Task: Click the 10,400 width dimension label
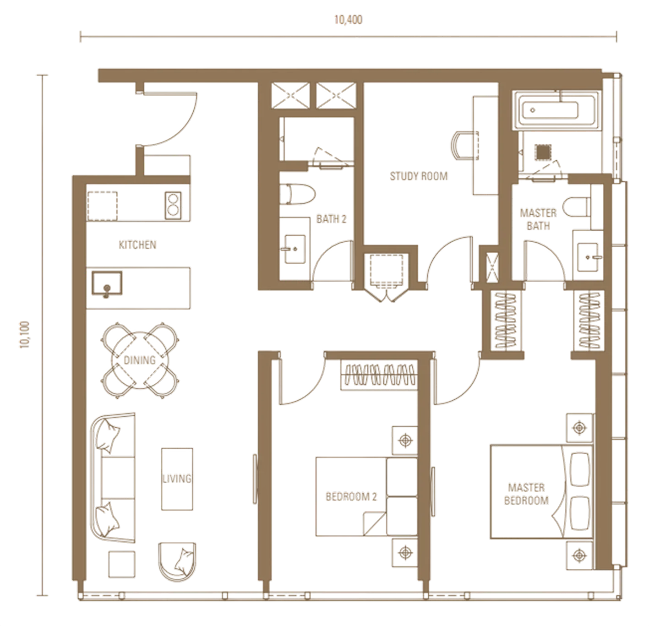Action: [348, 20]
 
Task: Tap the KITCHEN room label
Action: [137, 245]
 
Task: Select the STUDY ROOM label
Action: [419, 176]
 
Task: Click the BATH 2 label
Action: [331, 219]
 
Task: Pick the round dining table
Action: [140, 360]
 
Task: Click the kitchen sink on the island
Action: [107, 283]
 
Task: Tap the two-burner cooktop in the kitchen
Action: [173, 206]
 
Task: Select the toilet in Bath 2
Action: [297, 194]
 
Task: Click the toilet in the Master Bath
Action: [577, 207]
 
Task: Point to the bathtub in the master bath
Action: [557, 110]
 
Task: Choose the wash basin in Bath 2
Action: [295, 249]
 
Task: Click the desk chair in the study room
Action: [464, 146]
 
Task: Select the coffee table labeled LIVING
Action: [177, 479]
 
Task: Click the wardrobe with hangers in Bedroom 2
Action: [379, 375]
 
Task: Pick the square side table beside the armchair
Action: [122, 564]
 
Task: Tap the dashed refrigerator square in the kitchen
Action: [103, 206]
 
